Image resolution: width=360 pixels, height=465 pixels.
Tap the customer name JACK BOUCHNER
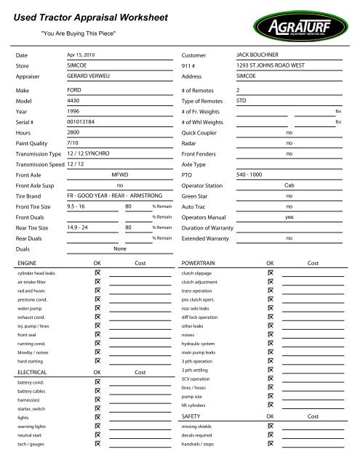258,54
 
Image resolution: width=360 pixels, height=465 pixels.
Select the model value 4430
73,101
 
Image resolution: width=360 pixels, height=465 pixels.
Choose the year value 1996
73,112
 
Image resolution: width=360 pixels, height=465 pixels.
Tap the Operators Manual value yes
289,217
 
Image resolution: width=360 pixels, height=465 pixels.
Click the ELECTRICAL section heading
31,371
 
